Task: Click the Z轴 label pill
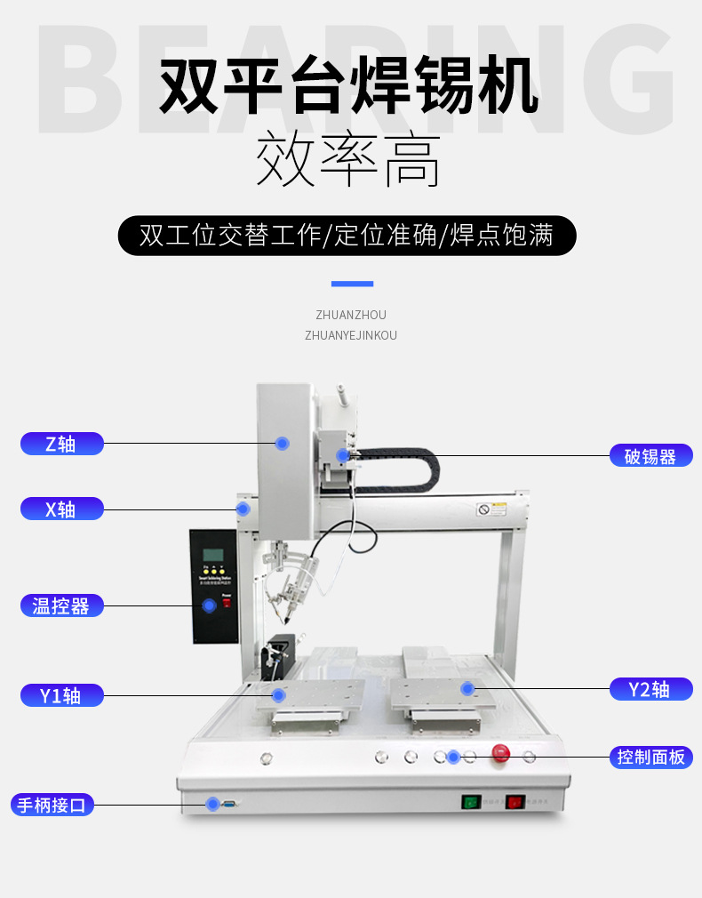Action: [61, 444]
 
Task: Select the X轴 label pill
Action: [61, 509]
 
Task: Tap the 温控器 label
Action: [61, 605]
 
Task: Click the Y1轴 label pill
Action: [61, 695]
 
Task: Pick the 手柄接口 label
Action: [52, 806]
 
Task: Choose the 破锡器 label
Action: [650, 456]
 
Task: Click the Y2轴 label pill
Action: [650, 689]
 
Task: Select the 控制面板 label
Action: [650, 758]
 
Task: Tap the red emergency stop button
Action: [501, 753]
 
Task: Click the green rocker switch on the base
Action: [469, 802]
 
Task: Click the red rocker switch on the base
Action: [515, 802]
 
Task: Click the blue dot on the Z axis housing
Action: [282, 443]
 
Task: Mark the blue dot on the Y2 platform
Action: [467, 688]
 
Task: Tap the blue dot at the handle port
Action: [212, 804]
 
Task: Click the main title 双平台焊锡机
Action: [349, 86]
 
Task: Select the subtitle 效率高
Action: [349, 161]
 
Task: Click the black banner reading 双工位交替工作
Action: [347, 236]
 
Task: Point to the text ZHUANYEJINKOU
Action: [351, 335]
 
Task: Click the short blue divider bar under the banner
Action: [352, 284]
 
